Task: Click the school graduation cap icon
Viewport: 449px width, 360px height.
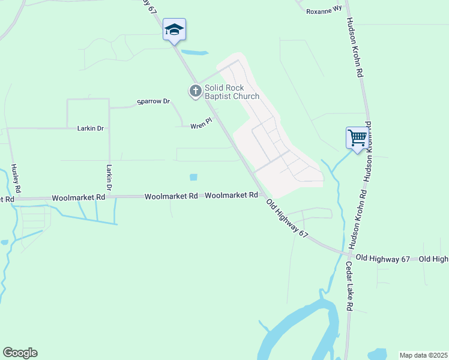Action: pyautogui.click(x=174, y=29)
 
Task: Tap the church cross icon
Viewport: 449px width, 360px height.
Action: pyautogui.click(x=195, y=92)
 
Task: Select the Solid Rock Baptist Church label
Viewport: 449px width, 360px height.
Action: pyautogui.click(x=232, y=92)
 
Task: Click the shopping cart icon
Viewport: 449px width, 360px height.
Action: pyautogui.click(x=357, y=138)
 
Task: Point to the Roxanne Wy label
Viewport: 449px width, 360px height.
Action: pyautogui.click(x=324, y=11)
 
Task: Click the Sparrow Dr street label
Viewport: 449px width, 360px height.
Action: pyautogui.click(x=154, y=101)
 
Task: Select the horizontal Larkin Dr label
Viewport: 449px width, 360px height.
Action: pyautogui.click(x=91, y=128)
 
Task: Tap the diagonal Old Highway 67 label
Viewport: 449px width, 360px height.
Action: pyautogui.click(x=288, y=218)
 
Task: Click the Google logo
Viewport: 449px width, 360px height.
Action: pyautogui.click(x=20, y=353)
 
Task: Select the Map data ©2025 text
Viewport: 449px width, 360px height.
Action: pyautogui.click(x=423, y=355)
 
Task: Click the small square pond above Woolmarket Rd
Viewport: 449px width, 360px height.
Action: pyautogui.click(x=193, y=177)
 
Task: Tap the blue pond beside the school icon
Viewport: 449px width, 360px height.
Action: pyautogui.click(x=194, y=52)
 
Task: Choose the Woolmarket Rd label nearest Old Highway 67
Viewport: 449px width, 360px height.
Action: pyautogui.click(x=232, y=196)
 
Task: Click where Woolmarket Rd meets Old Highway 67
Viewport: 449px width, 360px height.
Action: pyautogui.click(x=263, y=196)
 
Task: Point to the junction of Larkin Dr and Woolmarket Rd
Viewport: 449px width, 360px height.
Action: pyautogui.click(x=109, y=196)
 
